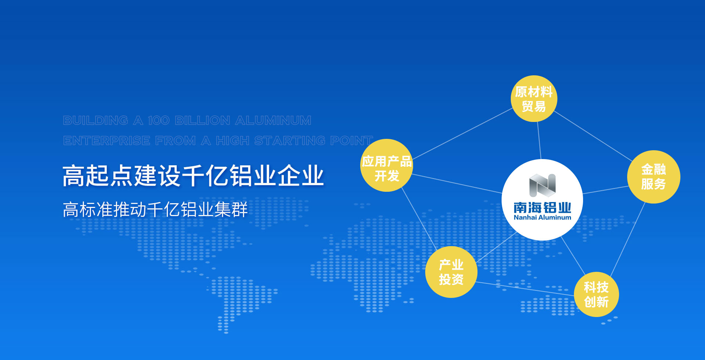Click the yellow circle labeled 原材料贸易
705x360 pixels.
coord(534,98)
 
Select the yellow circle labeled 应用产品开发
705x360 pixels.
coord(387,165)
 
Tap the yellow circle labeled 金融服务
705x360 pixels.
coord(654,177)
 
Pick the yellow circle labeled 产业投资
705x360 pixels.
coord(451,272)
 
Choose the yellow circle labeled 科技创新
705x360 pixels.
coord(596,294)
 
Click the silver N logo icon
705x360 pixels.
coord(542,185)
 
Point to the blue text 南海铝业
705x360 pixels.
coord(542,208)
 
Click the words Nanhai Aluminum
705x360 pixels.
coord(542,217)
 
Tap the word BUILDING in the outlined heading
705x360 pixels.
coord(95,120)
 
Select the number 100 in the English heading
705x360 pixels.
coord(159,120)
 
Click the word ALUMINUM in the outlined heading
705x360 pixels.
coord(273,120)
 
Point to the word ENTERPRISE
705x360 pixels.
coord(106,141)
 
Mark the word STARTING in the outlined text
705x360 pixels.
coord(290,141)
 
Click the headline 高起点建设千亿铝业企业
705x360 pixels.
coord(193,176)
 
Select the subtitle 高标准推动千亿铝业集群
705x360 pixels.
coord(155,210)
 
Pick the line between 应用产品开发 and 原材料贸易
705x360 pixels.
coord(463,133)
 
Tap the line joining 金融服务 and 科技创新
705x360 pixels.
coord(628,239)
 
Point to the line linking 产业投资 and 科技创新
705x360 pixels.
coord(525,289)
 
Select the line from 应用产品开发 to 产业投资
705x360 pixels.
coord(419,219)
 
